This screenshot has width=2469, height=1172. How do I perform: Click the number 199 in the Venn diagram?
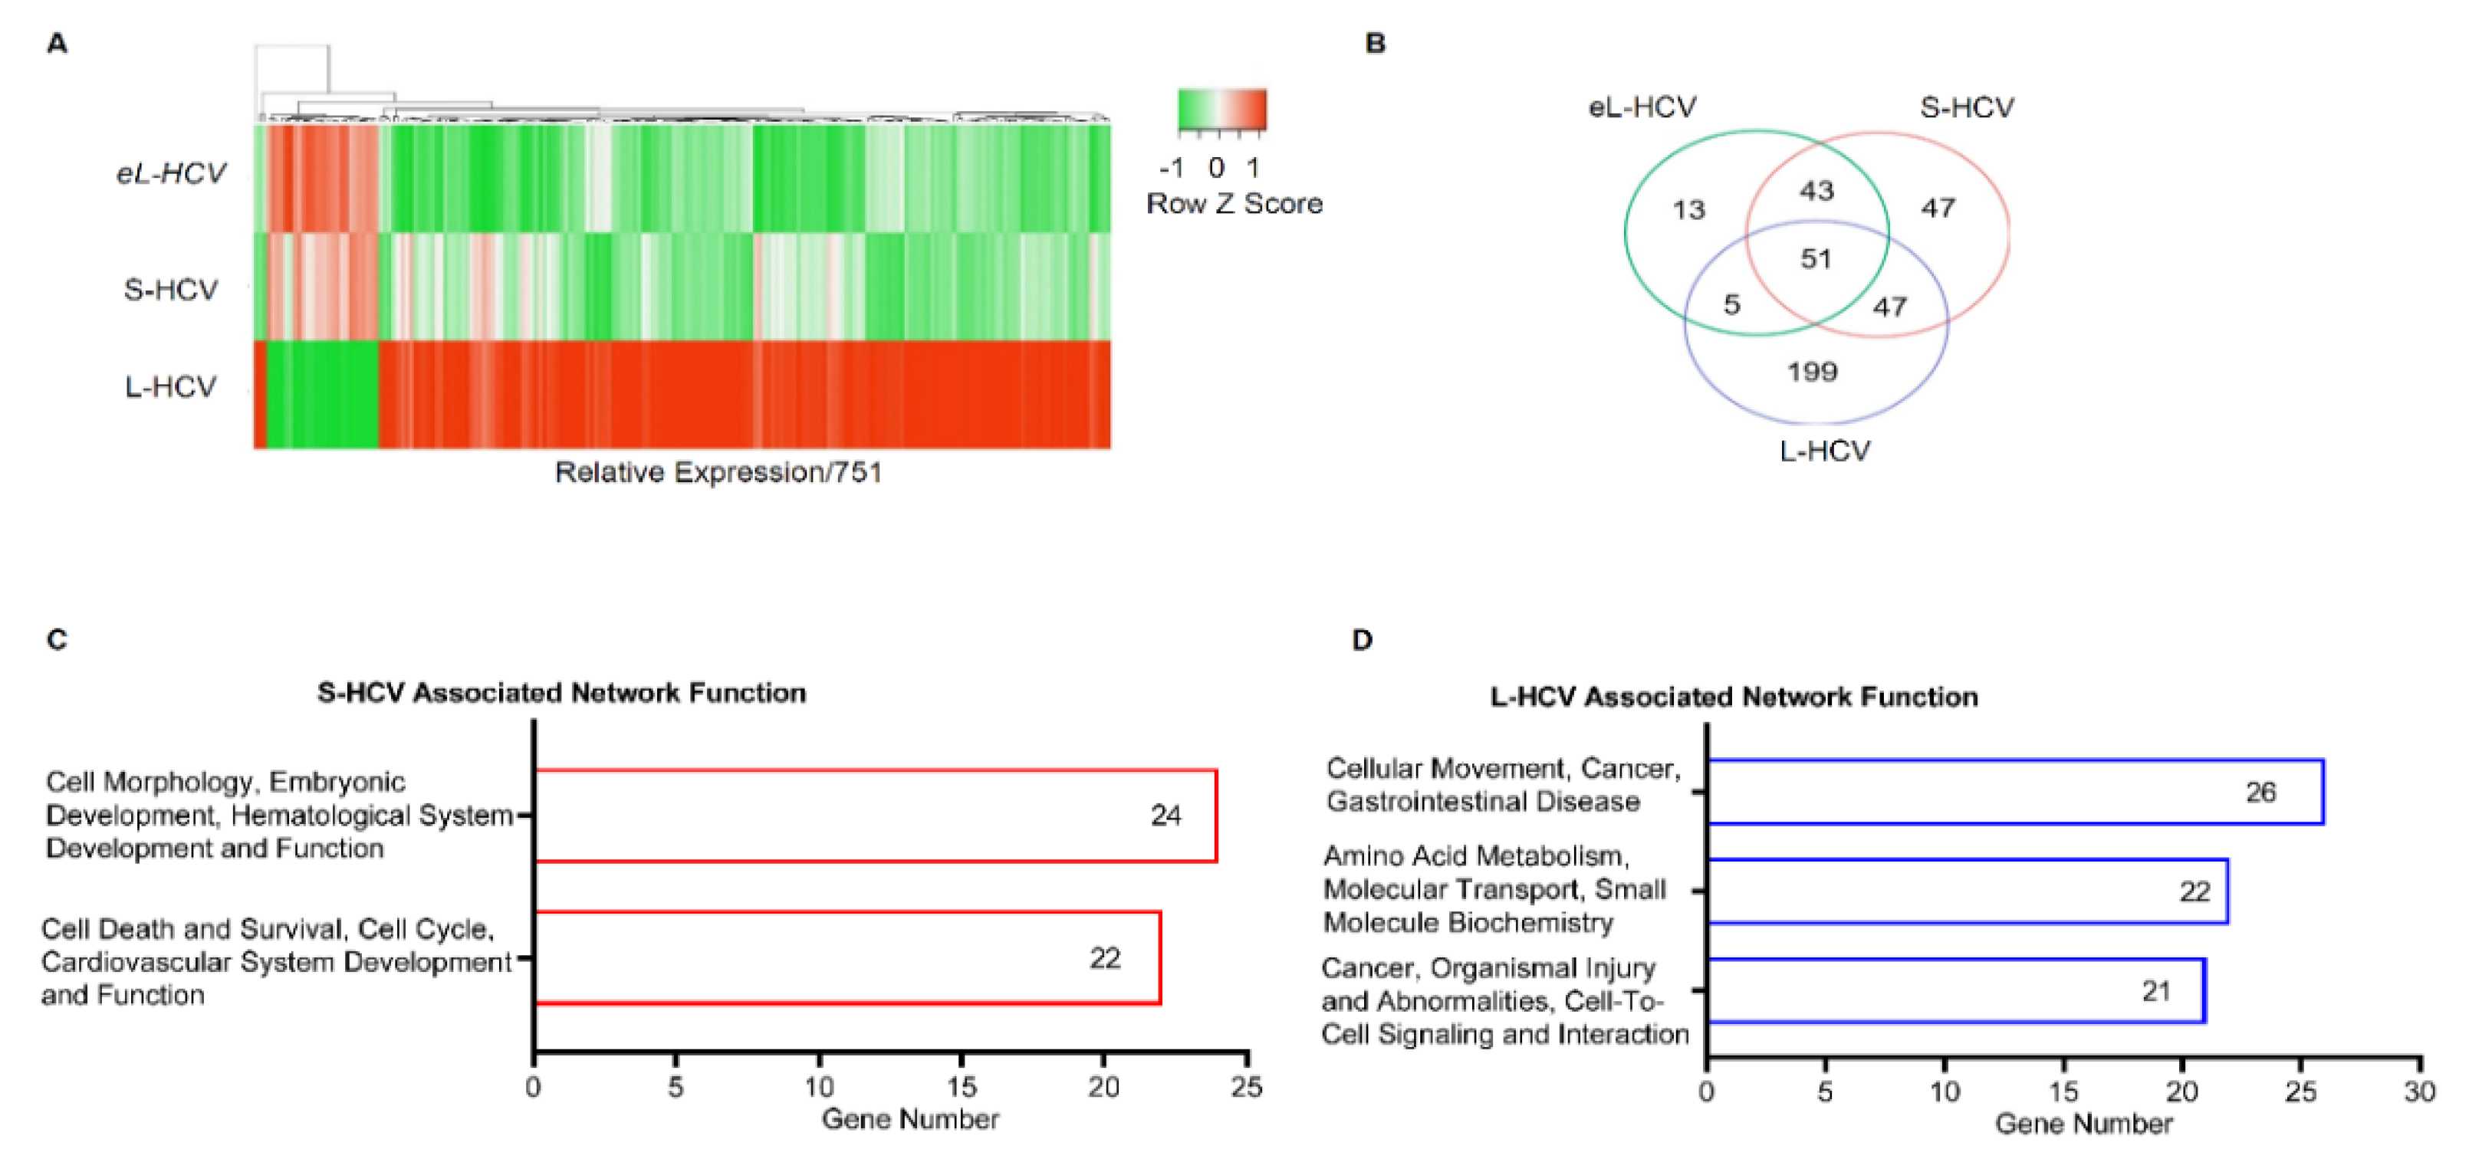click(x=1811, y=372)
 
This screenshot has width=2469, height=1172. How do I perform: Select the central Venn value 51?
click(x=1816, y=259)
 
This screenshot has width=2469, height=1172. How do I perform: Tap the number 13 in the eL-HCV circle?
click(x=1688, y=209)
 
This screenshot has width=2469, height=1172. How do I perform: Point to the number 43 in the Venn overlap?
click(x=1816, y=191)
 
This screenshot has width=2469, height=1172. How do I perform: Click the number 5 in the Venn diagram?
click(x=1731, y=305)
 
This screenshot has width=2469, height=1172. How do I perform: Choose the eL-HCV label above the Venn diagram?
click(x=1642, y=107)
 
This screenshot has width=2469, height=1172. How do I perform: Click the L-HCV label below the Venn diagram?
click(x=1824, y=451)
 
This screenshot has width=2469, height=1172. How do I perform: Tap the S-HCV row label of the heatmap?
click(x=170, y=290)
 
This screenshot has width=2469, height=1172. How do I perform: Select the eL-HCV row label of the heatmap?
click(x=170, y=173)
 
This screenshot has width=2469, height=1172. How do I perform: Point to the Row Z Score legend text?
click(x=1234, y=203)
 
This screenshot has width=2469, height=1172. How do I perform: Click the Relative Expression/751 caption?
click(x=718, y=472)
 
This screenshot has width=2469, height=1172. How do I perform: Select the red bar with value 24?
click(x=874, y=816)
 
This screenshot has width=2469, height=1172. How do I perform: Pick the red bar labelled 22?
click(x=847, y=957)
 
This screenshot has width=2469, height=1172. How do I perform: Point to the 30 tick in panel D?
click(x=2419, y=1092)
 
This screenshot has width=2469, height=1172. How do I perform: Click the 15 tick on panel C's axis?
click(x=962, y=1087)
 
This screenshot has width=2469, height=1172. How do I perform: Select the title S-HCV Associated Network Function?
click(x=561, y=693)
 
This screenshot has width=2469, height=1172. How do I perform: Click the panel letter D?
click(x=1362, y=639)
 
